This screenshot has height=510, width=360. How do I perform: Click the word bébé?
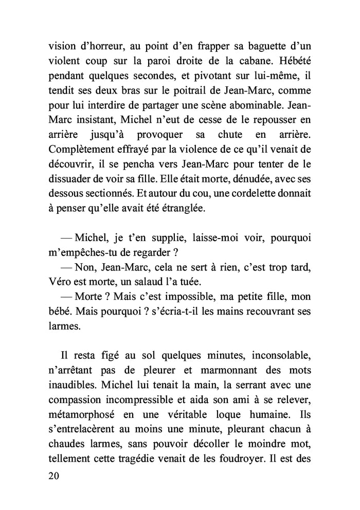click(x=59, y=313)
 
